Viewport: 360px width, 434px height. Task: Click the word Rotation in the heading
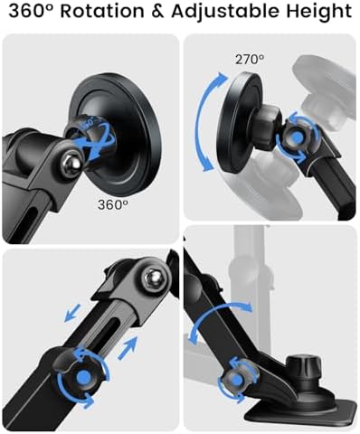tap(102, 11)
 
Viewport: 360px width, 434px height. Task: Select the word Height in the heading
tap(318, 12)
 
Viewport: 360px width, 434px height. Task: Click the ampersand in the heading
tap(157, 12)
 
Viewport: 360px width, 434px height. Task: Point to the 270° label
tap(250, 59)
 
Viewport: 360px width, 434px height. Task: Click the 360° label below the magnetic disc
tap(113, 204)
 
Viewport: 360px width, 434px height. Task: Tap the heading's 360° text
tap(32, 11)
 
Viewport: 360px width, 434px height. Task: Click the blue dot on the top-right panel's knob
tap(297, 137)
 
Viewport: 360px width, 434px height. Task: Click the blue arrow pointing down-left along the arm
tap(72, 313)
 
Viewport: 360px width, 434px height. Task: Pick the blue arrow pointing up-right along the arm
tap(128, 348)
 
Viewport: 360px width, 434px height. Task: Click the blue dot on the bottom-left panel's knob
tap(83, 378)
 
